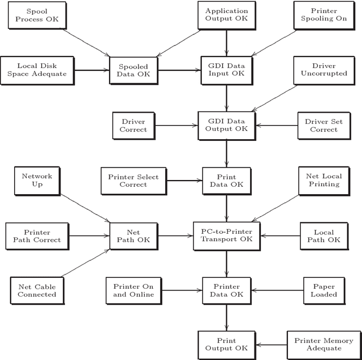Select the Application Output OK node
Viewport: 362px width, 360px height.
pyautogui.click(x=226, y=15)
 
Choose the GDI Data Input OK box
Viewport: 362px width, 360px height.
pyautogui.click(x=226, y=70)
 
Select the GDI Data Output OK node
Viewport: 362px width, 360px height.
pyautogui.click(x=226, y=125)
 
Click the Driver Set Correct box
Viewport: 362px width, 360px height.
pyautogui.click(x=321, y=125)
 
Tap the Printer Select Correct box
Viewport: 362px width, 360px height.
pyautogui.click(x=133, y=181)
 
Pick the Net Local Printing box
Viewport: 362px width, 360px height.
pyautogui.click(x=324, y=180)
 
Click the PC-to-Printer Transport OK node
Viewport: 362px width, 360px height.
pyautogui.click(x=226, y=235)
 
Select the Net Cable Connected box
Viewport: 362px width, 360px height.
pyautogui.click(x=37, y=290)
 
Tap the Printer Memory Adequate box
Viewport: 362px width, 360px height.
pyautogui.click(x=324, y=345)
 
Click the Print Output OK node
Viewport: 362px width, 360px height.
pyautogui.click(x=226, y=345)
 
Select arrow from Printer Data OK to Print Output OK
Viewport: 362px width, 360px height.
pyautogui.click(x=226, y=318)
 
